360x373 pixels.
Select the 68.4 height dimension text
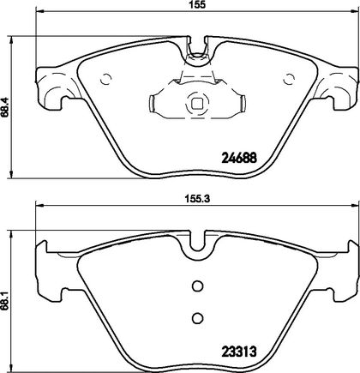point(4,106)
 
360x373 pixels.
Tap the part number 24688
point(239,158)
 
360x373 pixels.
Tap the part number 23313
point(239,352)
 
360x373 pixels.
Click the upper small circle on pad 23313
point(197,286)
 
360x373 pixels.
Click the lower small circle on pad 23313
point(197,317)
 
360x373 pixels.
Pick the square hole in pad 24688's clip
point(197,103)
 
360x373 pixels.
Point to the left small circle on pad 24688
point(106,79)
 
